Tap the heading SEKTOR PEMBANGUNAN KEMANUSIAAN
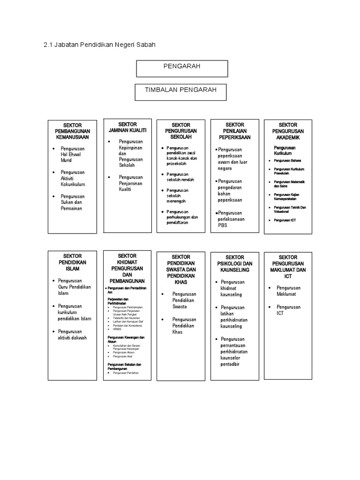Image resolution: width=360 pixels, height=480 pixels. [73, 132]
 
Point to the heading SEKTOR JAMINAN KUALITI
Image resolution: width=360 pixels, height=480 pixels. [127, 127]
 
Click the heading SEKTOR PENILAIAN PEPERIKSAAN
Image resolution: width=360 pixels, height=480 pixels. [234, 131]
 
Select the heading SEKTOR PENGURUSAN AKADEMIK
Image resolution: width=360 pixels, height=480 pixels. [288, 131]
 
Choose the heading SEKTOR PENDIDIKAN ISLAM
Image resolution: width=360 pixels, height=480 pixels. [73, 262]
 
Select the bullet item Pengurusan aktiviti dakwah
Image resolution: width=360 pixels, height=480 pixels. [72, 334]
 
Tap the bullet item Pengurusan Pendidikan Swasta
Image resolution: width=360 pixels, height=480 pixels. [184, 300]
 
